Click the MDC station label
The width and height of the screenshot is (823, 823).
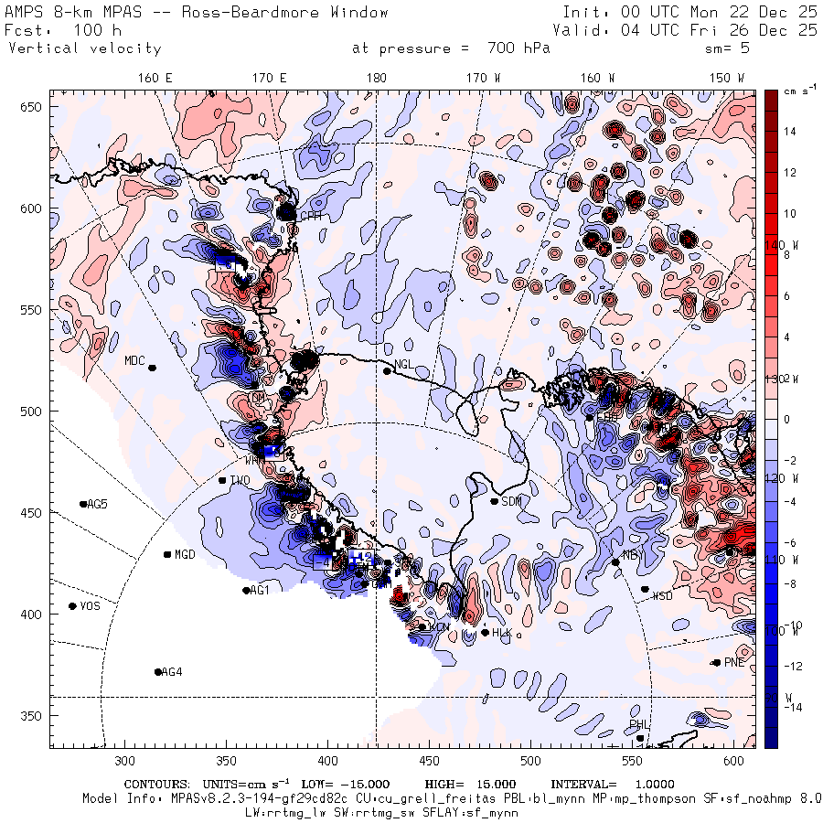(135, 360)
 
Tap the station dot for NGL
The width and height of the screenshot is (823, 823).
(387, 370)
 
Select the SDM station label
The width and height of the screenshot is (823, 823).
(511, 500)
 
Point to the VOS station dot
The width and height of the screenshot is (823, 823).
(72, 606)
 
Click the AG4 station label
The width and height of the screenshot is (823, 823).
(172, 672)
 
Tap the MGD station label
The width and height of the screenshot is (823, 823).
(185, 555)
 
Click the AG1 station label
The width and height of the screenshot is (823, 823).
(260, 591)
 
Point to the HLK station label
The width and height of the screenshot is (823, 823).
(501, 633)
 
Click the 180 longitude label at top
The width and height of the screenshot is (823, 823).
(376, 78)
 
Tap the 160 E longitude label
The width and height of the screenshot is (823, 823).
(155, 78)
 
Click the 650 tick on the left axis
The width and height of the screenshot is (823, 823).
(33, 108)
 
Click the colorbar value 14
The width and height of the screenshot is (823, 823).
(790, 132)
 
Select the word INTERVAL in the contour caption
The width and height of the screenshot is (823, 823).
(581, 785)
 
